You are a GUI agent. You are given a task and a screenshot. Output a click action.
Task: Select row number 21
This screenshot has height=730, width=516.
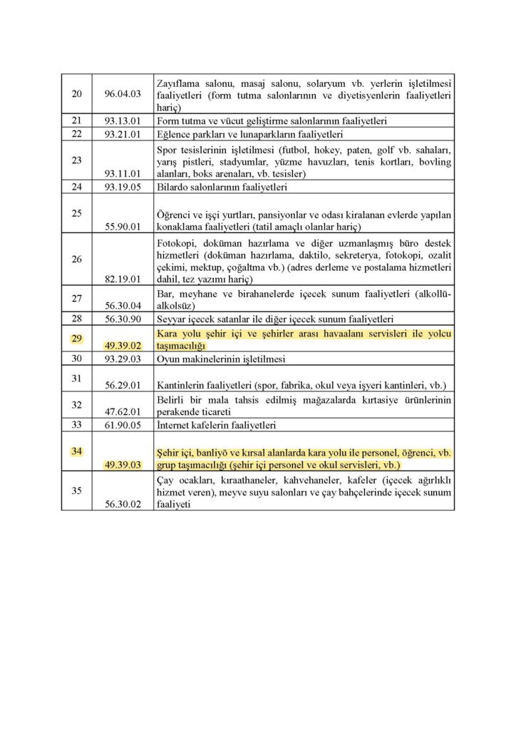[x=76, y=120]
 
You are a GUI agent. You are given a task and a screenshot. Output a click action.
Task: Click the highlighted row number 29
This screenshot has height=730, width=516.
[x=76, y=338]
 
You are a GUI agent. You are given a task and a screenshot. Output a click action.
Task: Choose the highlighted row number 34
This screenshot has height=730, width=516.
[x=76, y=451]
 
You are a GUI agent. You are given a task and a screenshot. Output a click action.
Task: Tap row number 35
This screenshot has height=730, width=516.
[x=76, y=490]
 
